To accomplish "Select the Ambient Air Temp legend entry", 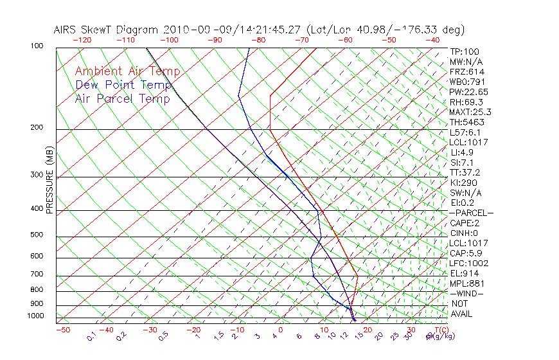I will point(128,71).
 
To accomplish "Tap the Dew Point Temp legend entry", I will point(123,85).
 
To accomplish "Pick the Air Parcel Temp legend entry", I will point(123,98).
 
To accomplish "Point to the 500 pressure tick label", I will point(37,235).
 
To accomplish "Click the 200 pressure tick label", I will point(37,127).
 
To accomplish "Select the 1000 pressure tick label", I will point(36,316).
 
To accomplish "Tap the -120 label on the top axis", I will point(82,40).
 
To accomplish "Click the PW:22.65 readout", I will point(469,92).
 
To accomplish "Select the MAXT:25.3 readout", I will point(470,112).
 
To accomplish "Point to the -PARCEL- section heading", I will point(472,213).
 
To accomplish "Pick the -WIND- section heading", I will point(467,293).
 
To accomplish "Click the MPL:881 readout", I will point(466,283).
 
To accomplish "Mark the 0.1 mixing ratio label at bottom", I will point(92,336).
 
